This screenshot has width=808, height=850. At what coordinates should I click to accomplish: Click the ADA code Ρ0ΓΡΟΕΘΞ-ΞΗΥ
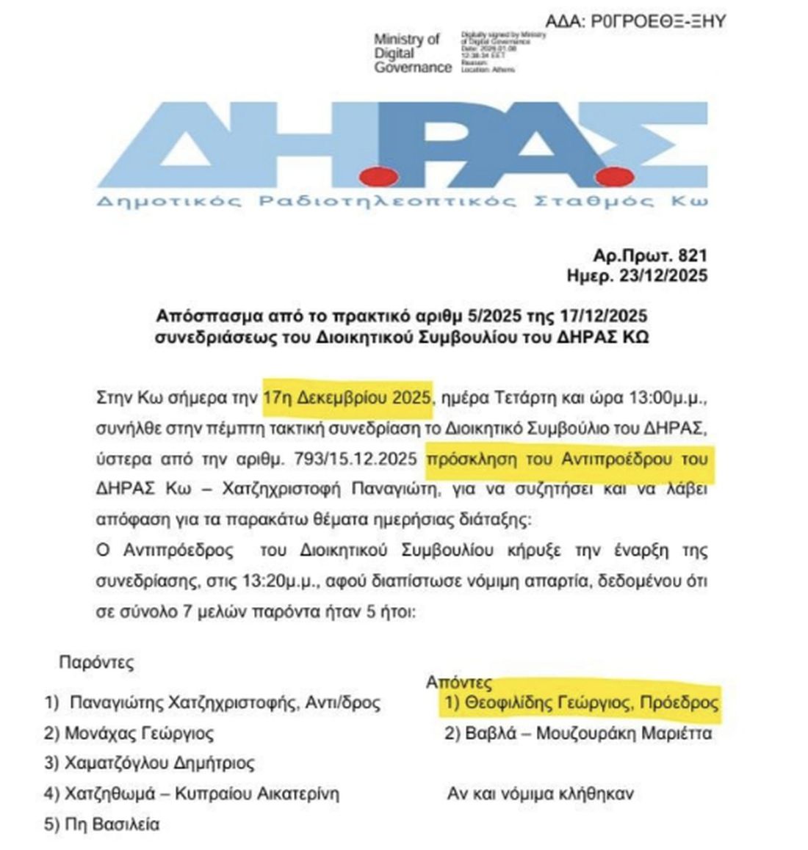point(658,21)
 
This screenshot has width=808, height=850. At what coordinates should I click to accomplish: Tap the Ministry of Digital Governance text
point(412,54)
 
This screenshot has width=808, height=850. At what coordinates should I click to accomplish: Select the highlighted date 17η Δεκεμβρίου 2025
point(347,398)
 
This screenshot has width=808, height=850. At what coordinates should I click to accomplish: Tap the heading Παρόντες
point(96,662)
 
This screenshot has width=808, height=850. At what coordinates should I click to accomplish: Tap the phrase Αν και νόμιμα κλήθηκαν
point(540,793)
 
